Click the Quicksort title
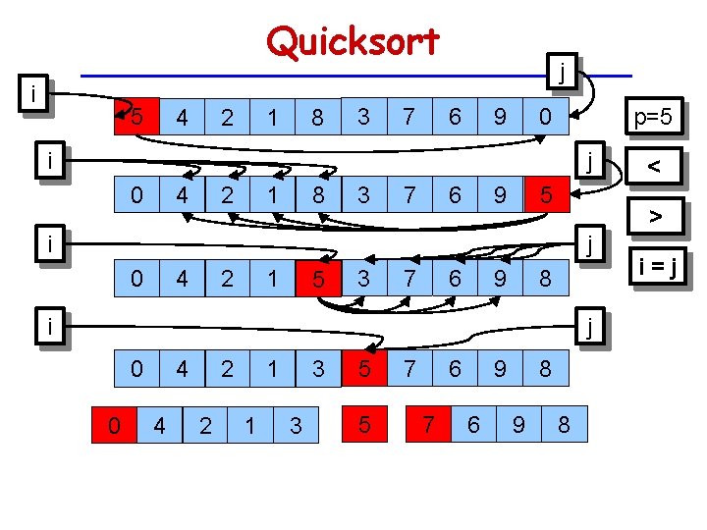click(x=353, y=41)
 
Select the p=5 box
click(x=652, y=119)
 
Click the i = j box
click(x=657, y=264)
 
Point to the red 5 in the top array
click(x=138, y=117)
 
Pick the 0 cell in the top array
click(x=546, y=118)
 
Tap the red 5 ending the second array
click(x=546, y=197)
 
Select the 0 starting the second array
click(x=136, y=197)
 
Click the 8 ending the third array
click(x=546, y=281)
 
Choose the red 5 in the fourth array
click(x=363, y=370)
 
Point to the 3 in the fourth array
click(x=318, y=370)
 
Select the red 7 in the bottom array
click(x=428, y=425)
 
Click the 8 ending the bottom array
click(x=564, y=425)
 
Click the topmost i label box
click(x=35, y=94)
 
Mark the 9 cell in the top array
click(x=500, y=118)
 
